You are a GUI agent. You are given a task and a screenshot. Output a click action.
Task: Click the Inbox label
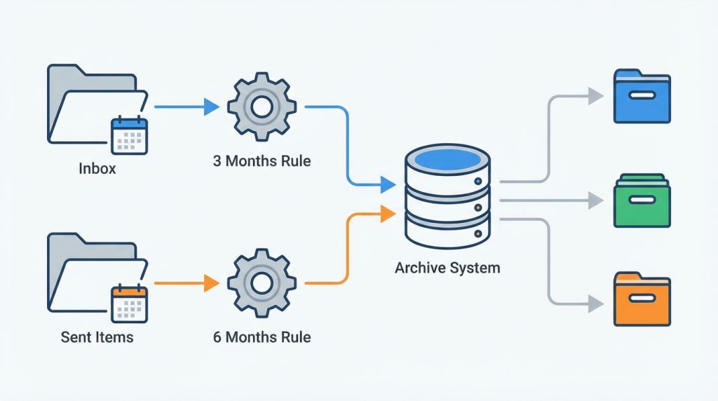[97, 168]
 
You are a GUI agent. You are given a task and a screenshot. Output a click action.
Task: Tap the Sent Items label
[97, 337]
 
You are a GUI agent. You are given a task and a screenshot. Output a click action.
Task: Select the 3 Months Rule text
[262, 161]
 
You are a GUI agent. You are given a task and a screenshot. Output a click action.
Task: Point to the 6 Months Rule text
[262, 337]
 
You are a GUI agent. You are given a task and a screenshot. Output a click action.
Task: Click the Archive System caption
[447, 268]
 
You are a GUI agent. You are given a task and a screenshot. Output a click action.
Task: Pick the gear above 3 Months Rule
[262, 107]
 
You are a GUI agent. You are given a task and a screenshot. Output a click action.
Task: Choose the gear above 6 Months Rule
[262, 283]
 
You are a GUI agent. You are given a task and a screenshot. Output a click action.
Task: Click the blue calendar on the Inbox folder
[130, 135]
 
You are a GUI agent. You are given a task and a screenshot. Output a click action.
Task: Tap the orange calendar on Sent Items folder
[130, 304]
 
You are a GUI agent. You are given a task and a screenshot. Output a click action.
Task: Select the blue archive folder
[642, 96]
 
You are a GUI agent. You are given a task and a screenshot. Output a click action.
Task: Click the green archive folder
[642, 200]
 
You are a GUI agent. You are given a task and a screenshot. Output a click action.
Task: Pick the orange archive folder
[642, 299]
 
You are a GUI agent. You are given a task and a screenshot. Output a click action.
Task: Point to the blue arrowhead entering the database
[388, 184]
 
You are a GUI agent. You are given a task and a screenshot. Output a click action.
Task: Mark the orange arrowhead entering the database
[388, 214]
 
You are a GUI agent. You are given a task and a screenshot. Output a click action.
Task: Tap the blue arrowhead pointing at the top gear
[212, 107]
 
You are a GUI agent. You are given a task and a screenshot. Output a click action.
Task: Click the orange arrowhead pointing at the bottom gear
[212, 283]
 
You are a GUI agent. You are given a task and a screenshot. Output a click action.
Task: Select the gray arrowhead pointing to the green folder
[596, 200]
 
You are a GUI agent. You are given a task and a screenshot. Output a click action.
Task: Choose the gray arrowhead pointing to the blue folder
[596, 96]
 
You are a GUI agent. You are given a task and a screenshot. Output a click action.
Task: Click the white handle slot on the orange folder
[642, 299]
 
